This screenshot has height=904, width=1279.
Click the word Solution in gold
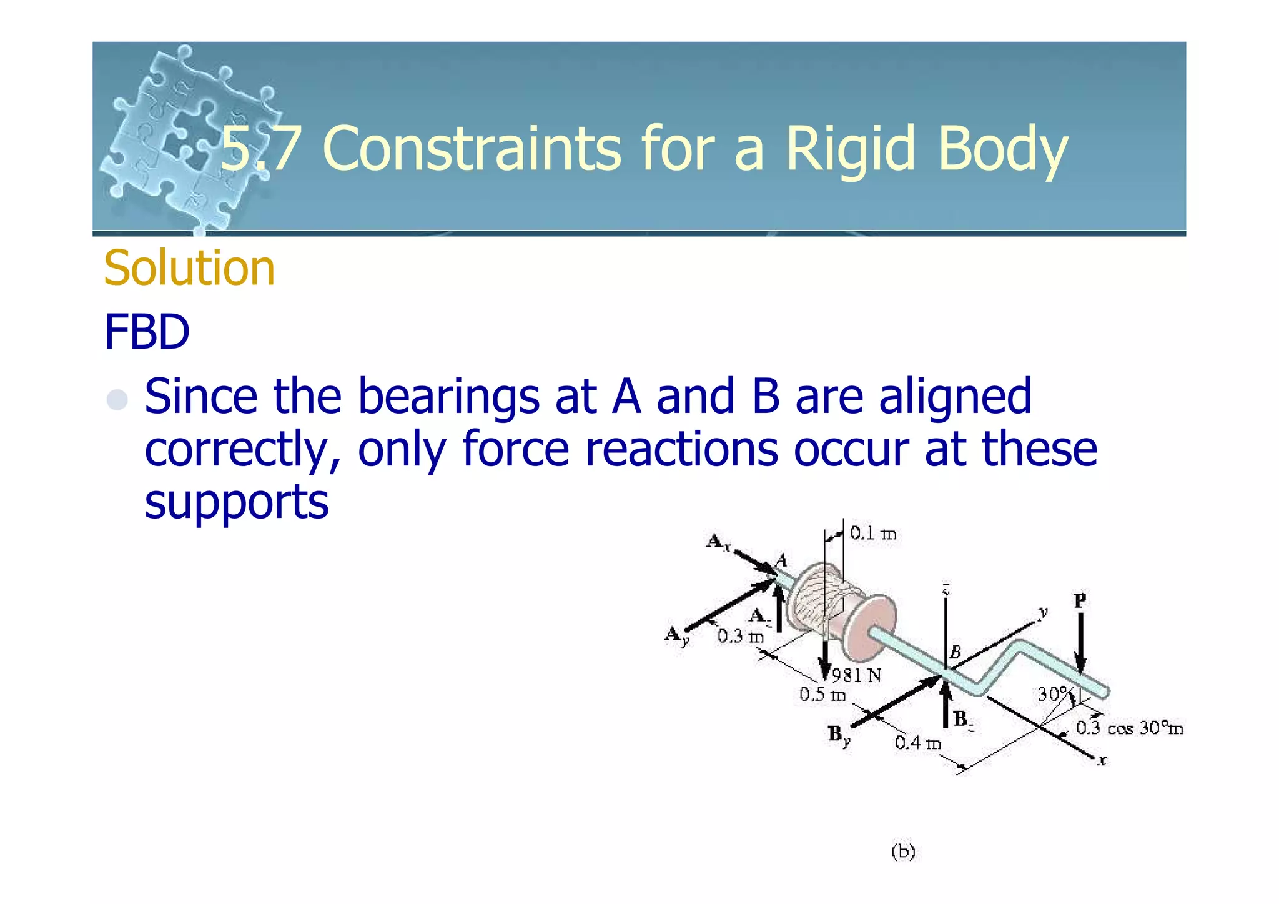[189, 268]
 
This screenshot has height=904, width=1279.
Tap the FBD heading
[147, 332]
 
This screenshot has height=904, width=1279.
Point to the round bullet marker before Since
[117, 399]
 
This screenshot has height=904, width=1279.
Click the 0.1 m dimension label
[872, 534]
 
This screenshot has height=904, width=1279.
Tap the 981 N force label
[856, 675]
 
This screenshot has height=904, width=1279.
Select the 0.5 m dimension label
[822, 695]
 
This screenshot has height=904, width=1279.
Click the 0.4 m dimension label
[917, 743]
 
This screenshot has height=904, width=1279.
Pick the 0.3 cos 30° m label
[1128, 728]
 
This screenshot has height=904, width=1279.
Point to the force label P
[1080, 601]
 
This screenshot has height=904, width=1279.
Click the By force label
[839, 735]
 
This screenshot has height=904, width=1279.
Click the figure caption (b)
[903, 852]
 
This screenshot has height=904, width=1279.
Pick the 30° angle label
[1053, 694]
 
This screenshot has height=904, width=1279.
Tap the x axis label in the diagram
[1102, 760]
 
